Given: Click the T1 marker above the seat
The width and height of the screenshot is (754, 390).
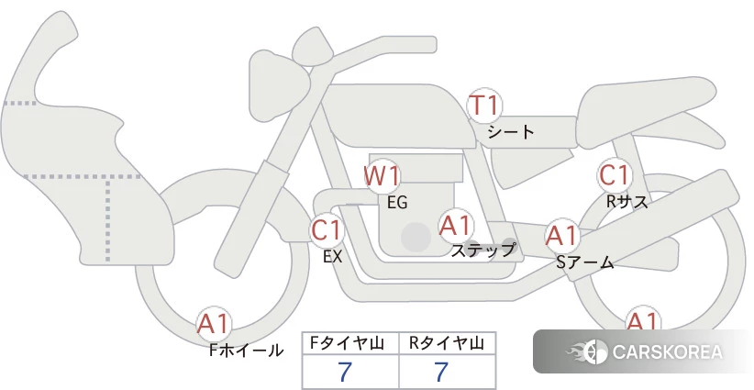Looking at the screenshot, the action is coord(484,106).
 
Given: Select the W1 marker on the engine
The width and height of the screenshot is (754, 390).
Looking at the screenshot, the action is coord(382,176).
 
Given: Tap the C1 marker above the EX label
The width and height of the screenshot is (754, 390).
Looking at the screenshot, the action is coord(327,229).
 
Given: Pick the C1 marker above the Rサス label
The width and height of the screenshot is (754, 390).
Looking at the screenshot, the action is coord(614,175).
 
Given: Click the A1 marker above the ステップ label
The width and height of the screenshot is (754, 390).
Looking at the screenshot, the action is coord(455,226).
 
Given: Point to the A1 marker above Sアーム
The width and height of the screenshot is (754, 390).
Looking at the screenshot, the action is coord(561,236).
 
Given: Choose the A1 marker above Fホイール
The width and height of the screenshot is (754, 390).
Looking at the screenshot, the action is coord(214,324).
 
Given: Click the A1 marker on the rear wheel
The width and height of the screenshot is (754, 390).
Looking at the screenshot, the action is coord(642,319).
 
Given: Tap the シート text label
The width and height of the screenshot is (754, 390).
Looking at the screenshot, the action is coord(511,131).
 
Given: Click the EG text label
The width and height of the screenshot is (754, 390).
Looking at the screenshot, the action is coord(398,203).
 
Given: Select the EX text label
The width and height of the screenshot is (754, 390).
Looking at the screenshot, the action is coord(332,257).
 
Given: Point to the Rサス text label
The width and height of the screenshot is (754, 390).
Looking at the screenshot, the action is coord(626,202).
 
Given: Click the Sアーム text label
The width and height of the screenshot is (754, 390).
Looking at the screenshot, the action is coord(584,262).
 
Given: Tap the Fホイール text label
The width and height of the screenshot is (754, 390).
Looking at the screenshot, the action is coord(246,351).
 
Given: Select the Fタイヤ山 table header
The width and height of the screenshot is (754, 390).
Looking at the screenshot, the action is coord(347,343).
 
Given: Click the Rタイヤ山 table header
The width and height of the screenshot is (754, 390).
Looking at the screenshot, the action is coord(446,343).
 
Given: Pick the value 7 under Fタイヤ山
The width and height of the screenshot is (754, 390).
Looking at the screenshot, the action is coord(345,372).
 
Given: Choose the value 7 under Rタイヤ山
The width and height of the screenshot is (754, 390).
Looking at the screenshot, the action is coord(441,372).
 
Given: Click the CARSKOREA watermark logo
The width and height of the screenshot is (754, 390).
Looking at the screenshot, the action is coord(643,351).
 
